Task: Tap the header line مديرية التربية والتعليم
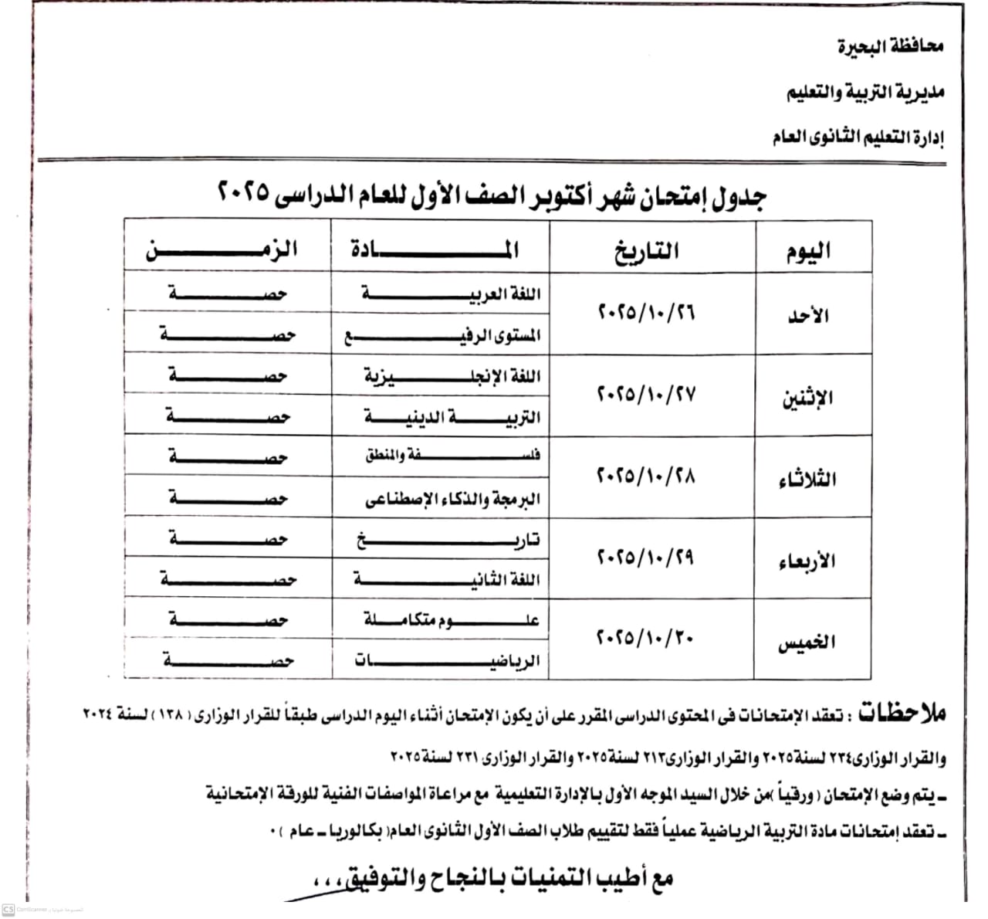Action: point(865,93)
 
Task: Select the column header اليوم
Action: point(808,251)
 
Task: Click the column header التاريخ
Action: point(647,251)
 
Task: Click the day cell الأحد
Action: point(808,315)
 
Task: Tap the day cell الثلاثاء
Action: point(807,479)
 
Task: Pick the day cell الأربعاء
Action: point(807,561)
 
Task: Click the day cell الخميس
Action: point(807,642)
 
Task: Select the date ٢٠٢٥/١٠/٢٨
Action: point(646,475)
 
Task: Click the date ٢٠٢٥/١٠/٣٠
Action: point(646,638)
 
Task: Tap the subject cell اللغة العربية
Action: point(452,294)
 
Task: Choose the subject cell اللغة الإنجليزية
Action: point(452,376)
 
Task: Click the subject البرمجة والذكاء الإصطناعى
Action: point(452,499)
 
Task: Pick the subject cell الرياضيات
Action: point(447,661)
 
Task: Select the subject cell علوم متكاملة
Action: point(452,619)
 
